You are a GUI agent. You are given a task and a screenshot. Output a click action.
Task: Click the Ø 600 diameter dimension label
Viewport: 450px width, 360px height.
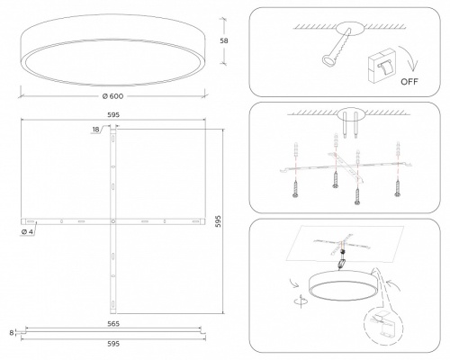112,96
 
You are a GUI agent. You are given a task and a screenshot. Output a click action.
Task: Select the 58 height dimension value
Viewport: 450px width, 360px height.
224,40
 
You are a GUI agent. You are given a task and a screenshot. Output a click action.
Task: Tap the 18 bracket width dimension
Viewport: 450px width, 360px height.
95,130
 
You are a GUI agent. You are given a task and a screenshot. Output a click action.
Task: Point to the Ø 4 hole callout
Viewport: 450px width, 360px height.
28,232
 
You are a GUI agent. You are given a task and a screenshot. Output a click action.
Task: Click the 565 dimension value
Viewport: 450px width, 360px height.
113,324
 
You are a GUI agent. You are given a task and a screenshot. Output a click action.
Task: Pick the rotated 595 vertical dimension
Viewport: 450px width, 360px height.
218,220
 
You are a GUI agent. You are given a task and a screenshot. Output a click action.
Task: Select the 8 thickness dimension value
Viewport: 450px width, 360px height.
12,333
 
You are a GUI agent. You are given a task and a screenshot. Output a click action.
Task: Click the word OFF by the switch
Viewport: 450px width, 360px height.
409,82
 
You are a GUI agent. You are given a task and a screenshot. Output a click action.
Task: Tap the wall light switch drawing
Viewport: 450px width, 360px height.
381,66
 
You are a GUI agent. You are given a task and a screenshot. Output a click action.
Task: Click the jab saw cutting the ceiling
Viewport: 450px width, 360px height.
336,47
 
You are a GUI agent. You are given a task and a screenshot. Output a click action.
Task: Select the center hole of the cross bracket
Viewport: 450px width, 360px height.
112,221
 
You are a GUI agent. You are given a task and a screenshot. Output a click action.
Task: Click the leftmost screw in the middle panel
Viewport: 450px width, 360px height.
295,188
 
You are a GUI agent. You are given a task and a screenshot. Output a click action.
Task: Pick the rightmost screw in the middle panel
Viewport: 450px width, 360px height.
398,188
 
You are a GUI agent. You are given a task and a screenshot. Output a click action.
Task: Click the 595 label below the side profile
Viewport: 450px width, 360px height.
113,344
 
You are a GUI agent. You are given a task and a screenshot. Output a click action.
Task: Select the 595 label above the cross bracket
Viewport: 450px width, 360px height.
113,114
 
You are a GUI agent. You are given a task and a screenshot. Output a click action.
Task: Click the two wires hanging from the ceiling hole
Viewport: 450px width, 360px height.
350,125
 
